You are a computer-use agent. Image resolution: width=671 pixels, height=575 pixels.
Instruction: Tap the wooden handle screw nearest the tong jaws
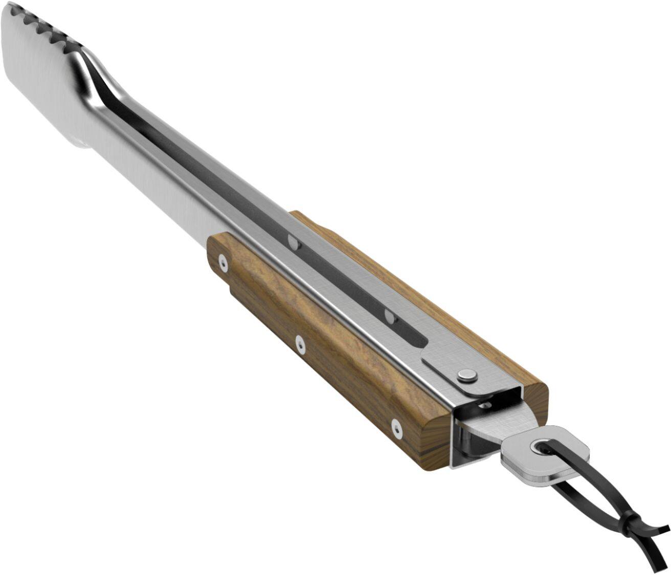point(222,263)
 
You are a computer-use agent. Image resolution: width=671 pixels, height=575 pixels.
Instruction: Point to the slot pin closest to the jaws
point(294,241)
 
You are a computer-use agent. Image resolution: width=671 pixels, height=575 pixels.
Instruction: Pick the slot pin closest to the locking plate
point(390,316)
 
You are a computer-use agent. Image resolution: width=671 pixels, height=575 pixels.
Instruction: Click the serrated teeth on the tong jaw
point(51,28)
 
